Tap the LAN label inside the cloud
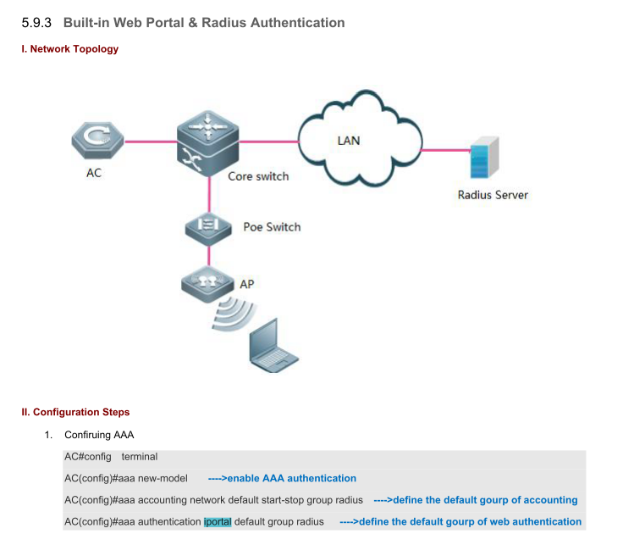tap(349, 141)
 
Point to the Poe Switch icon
tap(207, 225)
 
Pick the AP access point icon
tap(207, 281)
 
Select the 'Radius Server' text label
tap(493, 195)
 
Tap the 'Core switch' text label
tap(258, 176)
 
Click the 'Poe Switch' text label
tap(272, 227)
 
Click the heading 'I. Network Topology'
tap(69, 49)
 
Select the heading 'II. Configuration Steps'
tap(75, 413)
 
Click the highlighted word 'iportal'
tap(218, 521)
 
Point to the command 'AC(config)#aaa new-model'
tap(126, 478)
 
